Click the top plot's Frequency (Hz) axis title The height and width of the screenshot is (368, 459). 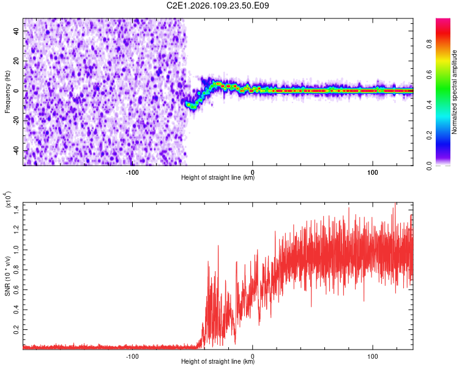(7, 91)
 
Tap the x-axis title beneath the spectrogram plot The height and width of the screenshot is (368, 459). (218, 178)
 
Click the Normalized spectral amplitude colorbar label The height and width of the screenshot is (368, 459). (455, 92)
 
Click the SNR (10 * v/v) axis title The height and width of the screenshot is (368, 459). (7, 275)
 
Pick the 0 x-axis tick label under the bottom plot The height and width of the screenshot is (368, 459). (253, 356)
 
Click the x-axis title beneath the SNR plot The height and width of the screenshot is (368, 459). (218, 362)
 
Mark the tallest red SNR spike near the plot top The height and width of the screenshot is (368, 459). (395, 205)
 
